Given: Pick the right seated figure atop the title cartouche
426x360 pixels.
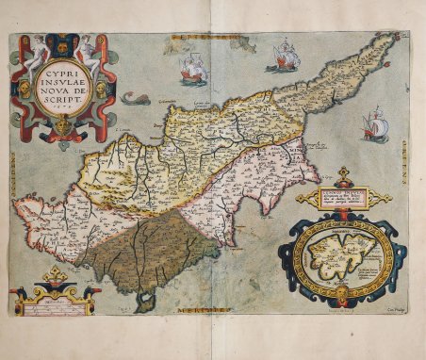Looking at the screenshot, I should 88,49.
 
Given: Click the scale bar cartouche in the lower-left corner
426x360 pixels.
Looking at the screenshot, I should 54,298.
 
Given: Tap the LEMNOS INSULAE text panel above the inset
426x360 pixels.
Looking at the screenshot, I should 342,198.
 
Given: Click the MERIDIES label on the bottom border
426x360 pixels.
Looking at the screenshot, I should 209,311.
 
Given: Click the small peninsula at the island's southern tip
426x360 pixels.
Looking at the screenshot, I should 143,302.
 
